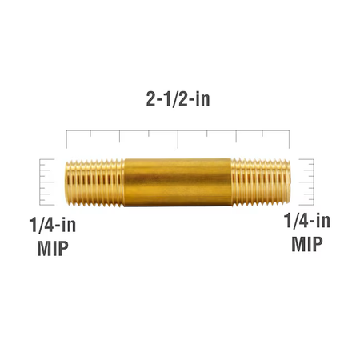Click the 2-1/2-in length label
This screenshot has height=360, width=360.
click(x=178, y=99)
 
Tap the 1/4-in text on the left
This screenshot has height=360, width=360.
click(x=53, y=225)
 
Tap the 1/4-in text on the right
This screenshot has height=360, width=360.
click(x=306, y=221)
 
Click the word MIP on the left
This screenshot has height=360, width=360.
click(x=53, y=248)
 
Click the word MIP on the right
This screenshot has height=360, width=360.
click(x=307, y=244)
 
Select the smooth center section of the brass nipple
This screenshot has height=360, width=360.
click(x=178, y=182)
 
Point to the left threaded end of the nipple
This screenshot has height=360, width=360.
click(x=94, y=182)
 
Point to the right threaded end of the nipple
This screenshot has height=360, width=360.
click(x=261, y=182)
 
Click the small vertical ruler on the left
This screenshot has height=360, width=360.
click(x=46, y=182)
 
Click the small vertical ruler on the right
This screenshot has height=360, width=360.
click(x=306, y=182)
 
